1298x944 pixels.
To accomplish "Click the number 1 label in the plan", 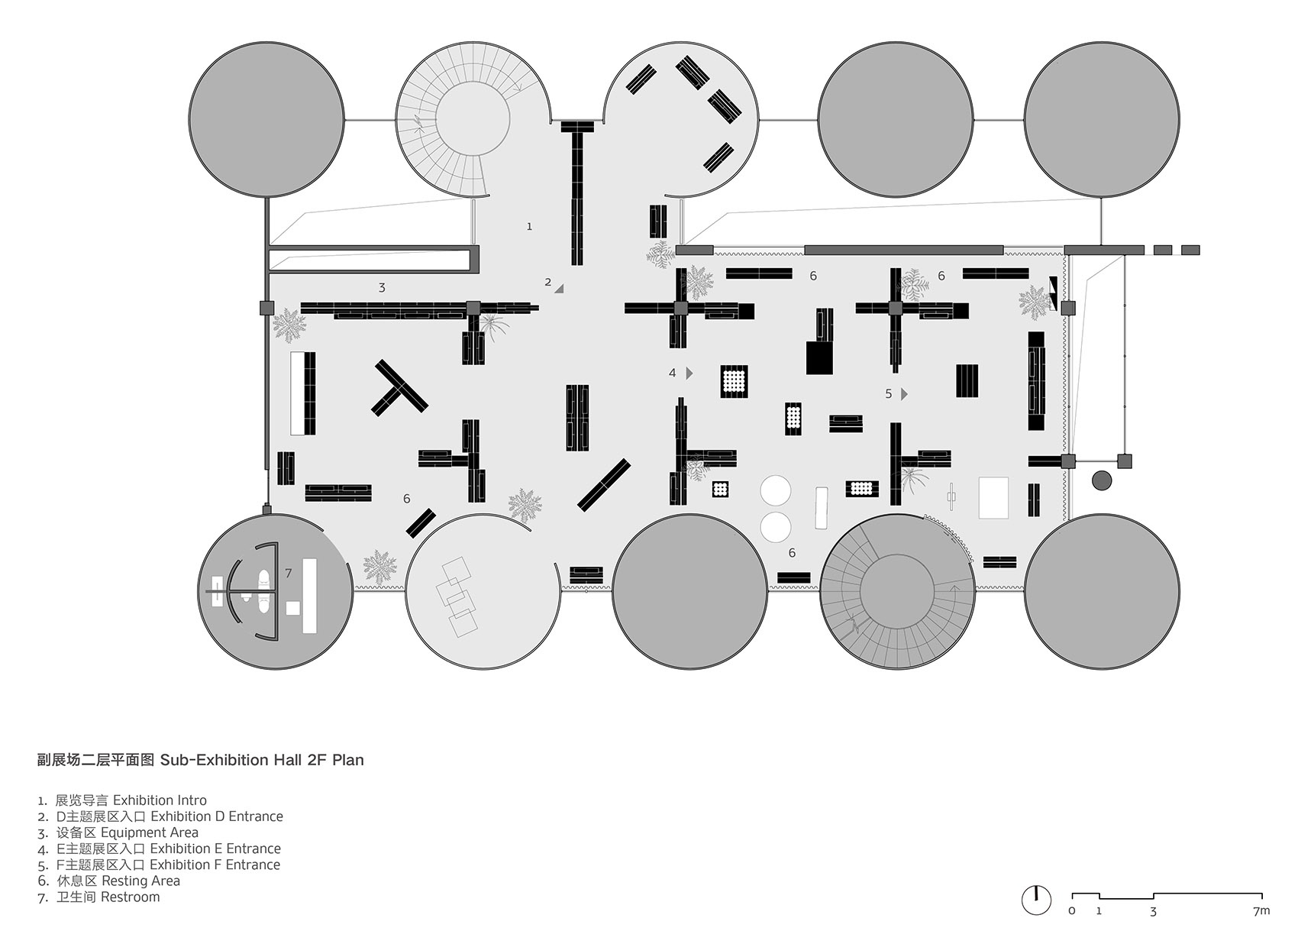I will pyautogui.click(x=529, y=227).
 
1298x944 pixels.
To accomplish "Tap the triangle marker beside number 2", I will pyautogui.click(x=559, y=288).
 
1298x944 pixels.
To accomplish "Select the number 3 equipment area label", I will pyautogui.click(x=382, y=288).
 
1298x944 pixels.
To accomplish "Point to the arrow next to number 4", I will pyautogui.click(x=689, y=373).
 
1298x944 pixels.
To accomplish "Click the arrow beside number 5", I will pyautogui.click(x=904, y=394).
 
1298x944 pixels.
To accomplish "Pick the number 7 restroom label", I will pyautogui.click(x=288, y=573).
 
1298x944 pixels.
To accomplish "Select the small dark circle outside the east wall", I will pyautogui.click(x=1102, y=480).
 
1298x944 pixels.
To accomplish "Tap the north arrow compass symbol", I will pyautogui.click(x=1036, y=900).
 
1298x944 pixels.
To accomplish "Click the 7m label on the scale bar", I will pyautogui.click(x=1261, y=911).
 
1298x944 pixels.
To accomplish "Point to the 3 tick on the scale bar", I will pyautogui.click(x=1153, y=911).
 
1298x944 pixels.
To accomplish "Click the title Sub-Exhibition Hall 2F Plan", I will pyautogui.click(x=261, y=760).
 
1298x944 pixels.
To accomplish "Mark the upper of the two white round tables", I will pyautogui.click(x=776, y=490).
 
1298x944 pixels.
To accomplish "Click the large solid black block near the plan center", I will pyautogui.click(x=819, y=357).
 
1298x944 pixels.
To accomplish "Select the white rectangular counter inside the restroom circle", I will pyautogui.click(x=309, y=596).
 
